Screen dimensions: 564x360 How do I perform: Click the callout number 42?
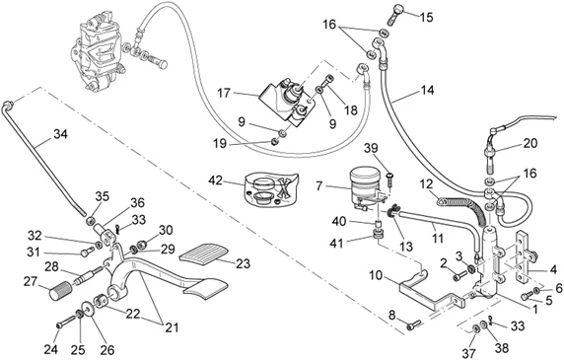coord(216,180)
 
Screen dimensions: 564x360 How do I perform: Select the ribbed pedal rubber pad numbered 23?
coord(203,252)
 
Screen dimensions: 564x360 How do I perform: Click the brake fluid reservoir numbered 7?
coord(365,185)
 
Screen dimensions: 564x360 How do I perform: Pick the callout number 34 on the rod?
coord(60,134)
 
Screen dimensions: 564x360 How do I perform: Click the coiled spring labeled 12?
coord(460,210)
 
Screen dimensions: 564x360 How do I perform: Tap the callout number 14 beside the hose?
coord(427,90)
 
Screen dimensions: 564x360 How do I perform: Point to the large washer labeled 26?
coord(88,309)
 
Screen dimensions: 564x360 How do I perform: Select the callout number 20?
coord(530,143)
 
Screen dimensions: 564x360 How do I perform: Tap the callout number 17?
coord(224,93)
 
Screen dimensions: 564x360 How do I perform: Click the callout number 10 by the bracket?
coord(376,275)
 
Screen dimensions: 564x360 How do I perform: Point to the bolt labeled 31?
coord(88,252)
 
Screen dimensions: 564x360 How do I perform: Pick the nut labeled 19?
coord(274,141)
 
